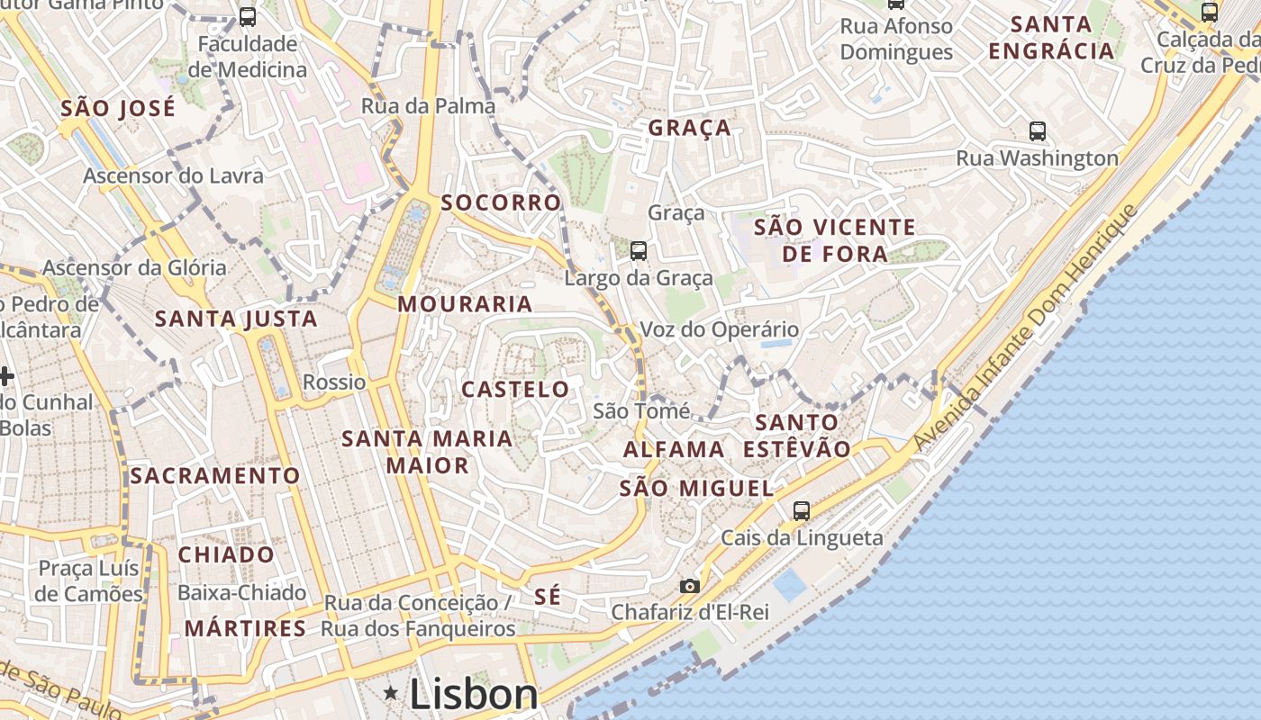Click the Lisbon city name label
tap(474, 694)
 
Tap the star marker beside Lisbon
tap(391, 693)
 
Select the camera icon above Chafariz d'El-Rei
tap(689, 586)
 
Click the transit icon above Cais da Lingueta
tap(801, 511)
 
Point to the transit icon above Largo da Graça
tap(639, 250)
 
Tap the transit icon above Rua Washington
tap(1038, 131)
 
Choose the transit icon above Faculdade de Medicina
tap(247, 17)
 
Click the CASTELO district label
tap(515, 390)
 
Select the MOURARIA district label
tap(465, 304)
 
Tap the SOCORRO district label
tap(501, 202)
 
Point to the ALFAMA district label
tap(674, 449)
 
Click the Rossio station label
tap(334, 382)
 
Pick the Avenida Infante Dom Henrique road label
tap(1026, 328)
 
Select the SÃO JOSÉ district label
tap(118, 109)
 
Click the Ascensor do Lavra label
tap(173, 175)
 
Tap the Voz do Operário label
tap(719, 329)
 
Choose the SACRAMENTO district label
tap(214, 476)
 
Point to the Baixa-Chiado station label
tap(241, 593)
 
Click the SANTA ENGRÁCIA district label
tap(1051, 38)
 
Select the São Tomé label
tap(641, 411)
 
